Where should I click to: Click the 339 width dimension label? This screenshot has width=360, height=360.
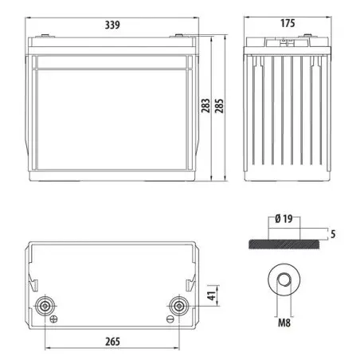click(x=112, y=25)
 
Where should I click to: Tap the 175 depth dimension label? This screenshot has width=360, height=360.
click(x=288, y=23)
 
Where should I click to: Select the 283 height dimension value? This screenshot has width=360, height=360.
click(x=205, y=106)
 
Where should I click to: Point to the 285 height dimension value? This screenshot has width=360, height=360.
click(x=219, y=106)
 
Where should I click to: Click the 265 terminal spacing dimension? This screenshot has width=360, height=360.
click(x=112, y=342)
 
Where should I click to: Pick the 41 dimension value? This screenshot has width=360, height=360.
click(x=212, y=295)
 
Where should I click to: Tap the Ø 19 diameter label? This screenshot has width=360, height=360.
click(x=284, y=219)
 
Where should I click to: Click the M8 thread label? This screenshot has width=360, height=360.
click(x=284, y=323)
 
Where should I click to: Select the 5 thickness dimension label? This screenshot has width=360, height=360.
click(x=333, y=234)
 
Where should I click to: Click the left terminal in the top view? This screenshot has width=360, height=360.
click(x=45, y=306)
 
